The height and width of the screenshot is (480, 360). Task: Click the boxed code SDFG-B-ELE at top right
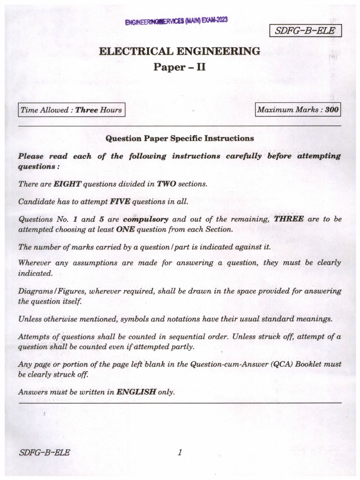(x=305, y=31)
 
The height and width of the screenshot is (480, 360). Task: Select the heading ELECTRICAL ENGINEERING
(x=180, y=52)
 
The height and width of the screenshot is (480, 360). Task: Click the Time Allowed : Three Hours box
(x=71, y=110)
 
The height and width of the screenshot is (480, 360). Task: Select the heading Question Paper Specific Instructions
(x=180, y=138)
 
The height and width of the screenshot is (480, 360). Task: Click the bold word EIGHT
(x=67, y=184)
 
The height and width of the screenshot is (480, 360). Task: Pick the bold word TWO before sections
(x=166, y=184)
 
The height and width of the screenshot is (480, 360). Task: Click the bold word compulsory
(x=145, y=219)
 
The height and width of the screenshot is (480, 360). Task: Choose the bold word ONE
(x=128, y=229)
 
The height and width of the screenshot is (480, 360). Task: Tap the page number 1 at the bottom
(x=180, y=452)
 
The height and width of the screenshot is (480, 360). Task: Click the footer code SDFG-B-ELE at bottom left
(x=45, y=452)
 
